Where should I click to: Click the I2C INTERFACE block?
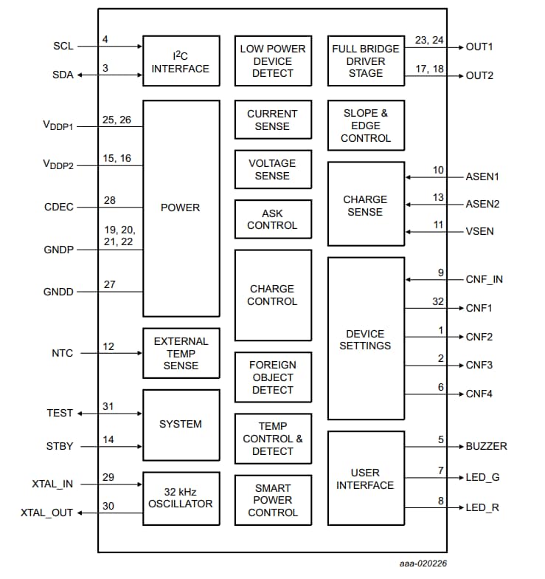tap(181, 61)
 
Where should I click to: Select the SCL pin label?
tap(63, 46)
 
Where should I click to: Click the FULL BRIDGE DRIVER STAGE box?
tap(365, 61)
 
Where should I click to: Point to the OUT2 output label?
tap(479, 76)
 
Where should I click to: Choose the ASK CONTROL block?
tap(272, 219)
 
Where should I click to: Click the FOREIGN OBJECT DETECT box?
tap(272, 377)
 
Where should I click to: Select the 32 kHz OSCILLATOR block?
tap(181, 498)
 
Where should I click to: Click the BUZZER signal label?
tap(486, 446)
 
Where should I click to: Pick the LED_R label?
tap(482, 507)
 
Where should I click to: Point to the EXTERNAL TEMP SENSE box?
tap(181, 353)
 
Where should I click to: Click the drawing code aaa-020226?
tap(418, 563)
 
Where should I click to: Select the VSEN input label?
tap(479, 231)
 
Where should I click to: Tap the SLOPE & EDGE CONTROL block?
tap(366, 126)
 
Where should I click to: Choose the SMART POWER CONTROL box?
tap(272, 500)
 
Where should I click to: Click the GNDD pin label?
tap(58, 292)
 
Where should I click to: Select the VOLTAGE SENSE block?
tap(272, 169)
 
